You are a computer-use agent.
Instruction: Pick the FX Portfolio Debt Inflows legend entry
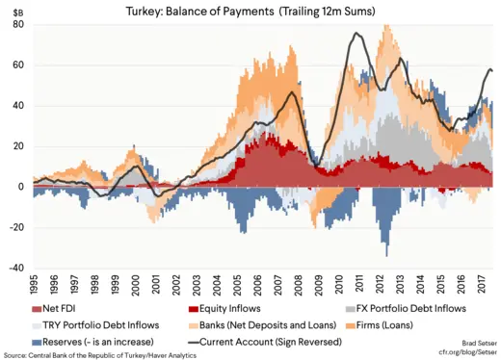pos(406,308)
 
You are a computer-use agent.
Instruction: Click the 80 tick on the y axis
pos(18,25)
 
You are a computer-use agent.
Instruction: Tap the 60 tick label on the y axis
pos(18,65)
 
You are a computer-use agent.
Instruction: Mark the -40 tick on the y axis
pos(16,269)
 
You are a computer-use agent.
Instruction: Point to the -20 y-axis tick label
pos(16,228)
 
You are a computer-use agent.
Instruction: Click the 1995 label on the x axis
pos(34,286)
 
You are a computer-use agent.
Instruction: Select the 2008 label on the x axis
pos(304,286)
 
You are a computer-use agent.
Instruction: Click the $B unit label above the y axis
pos(16,12)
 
